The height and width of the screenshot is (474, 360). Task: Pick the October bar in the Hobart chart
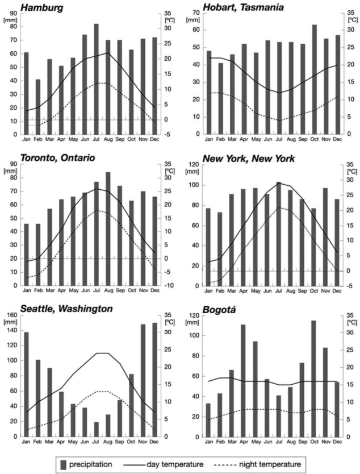pyautogui.click(x=314, y=79)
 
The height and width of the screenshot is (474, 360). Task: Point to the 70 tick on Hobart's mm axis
pyautogui.click(x=198, y=12)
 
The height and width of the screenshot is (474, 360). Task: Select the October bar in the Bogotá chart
pyautogui.click(x=314, y=378)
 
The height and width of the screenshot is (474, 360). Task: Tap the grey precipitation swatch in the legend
pyautogui.click(x=63, y=464)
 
